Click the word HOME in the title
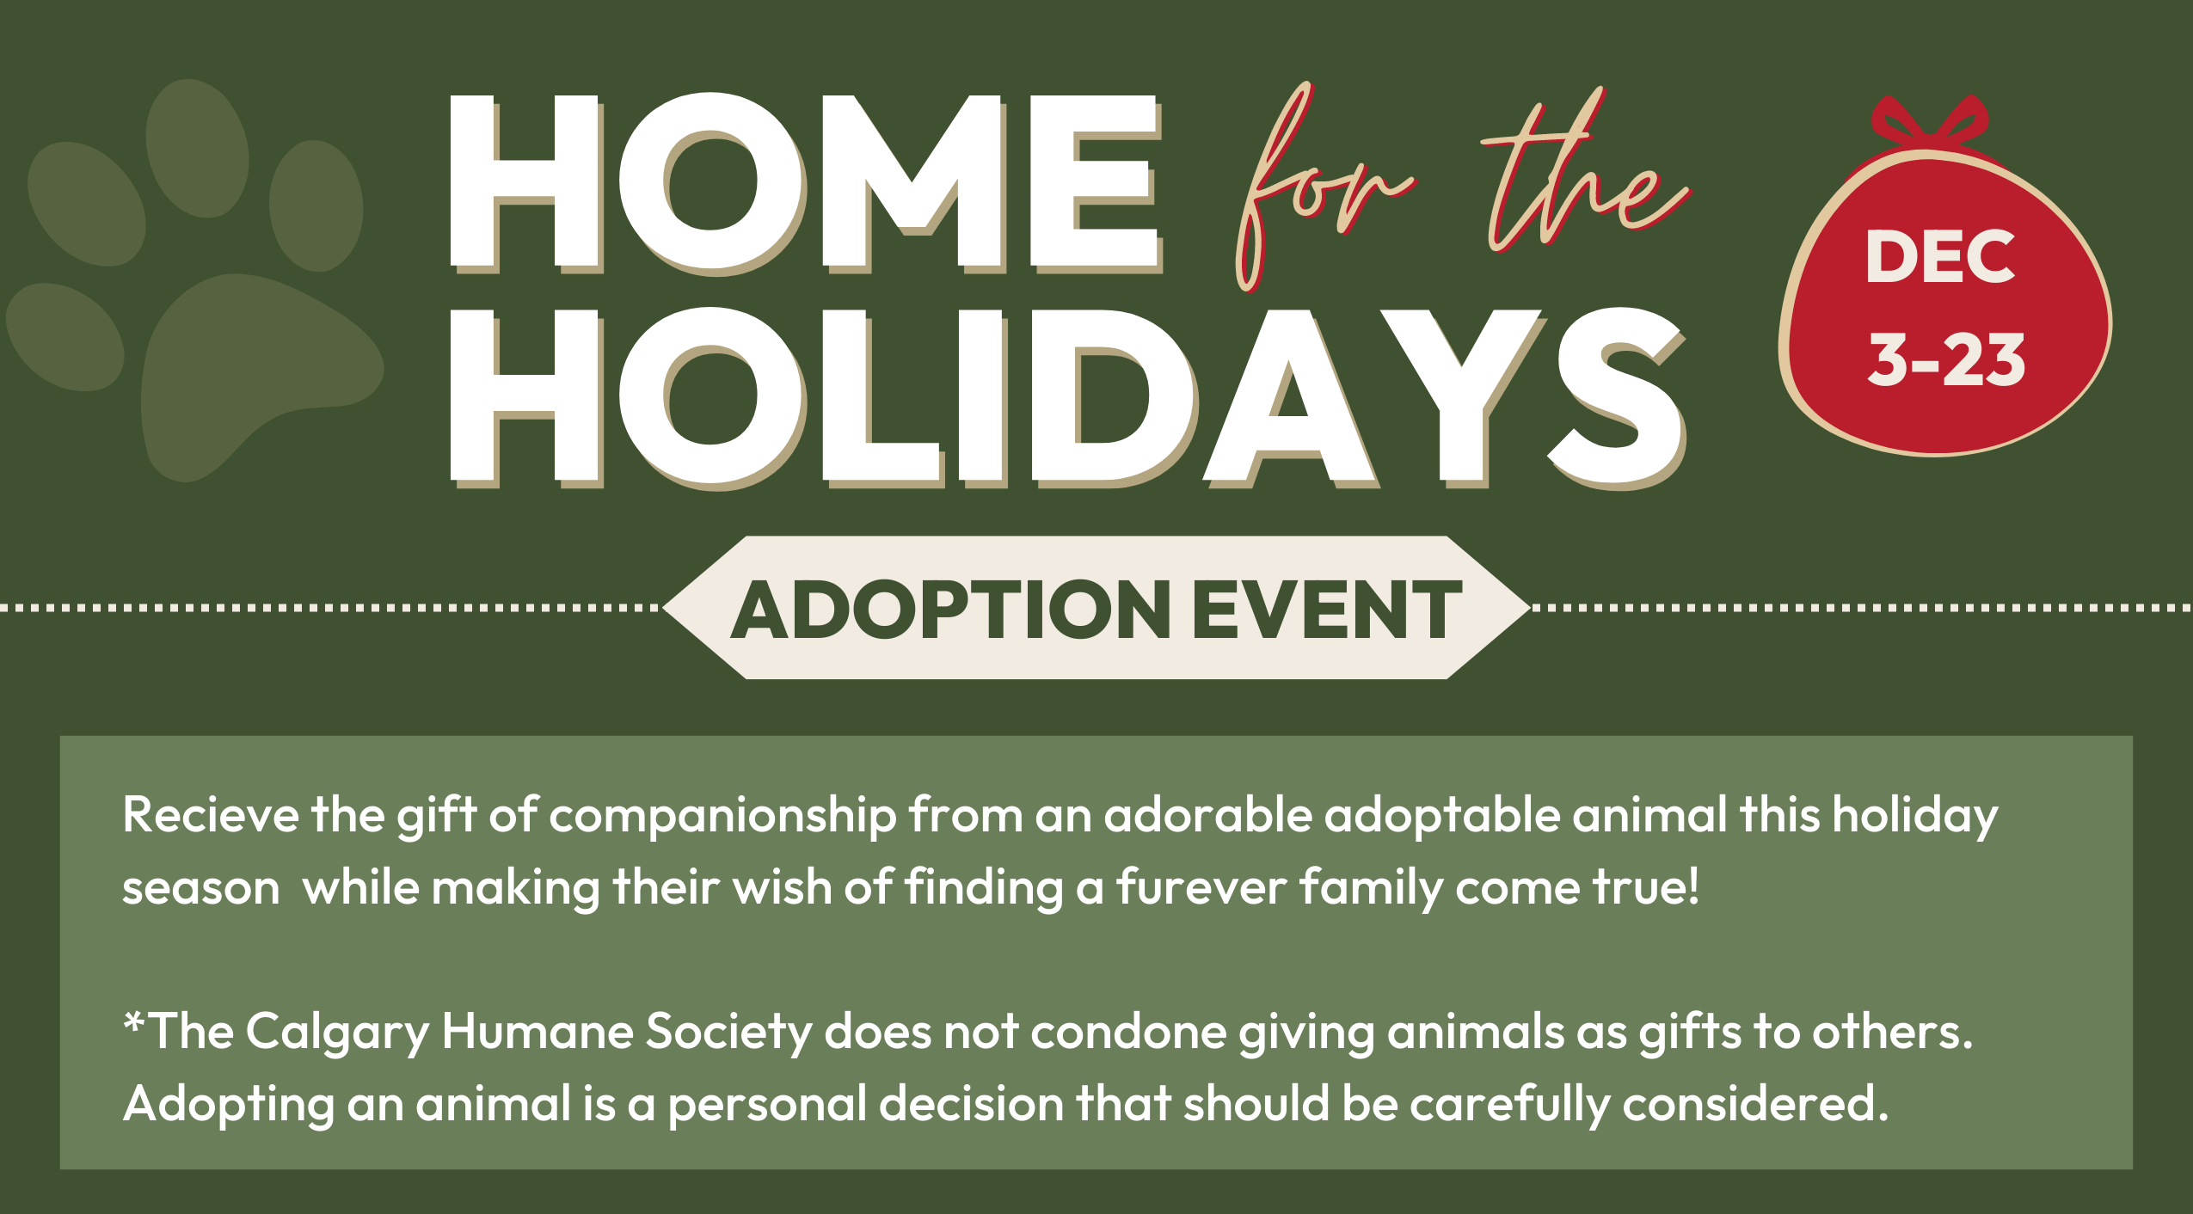[x=805, y=183]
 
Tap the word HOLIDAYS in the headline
[x=1067, y=398]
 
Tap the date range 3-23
[x=1946, y=359]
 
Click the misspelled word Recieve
[x=211, y=814]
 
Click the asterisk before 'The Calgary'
[x=134, y=1023]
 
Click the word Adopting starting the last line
[x=229, y=1106]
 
